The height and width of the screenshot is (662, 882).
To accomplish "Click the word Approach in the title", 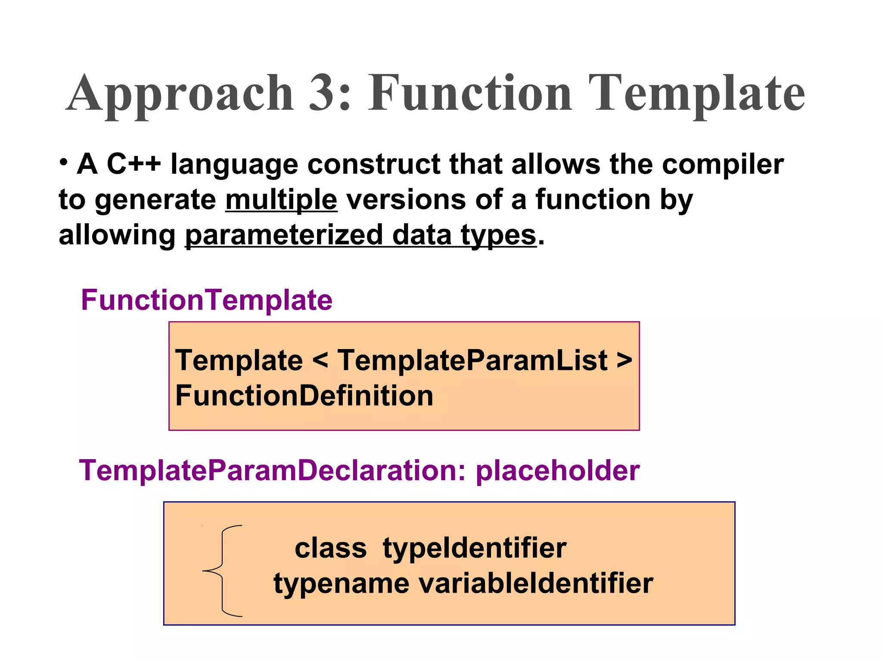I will point(180,94).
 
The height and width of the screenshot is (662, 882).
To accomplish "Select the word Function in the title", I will point(469,93).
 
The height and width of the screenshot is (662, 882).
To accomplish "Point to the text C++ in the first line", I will point(134,164).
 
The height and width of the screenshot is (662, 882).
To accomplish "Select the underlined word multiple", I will point(281,200).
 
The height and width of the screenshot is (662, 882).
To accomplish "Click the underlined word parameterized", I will point(284,236).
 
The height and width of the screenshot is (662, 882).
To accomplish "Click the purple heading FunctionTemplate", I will point(207,300).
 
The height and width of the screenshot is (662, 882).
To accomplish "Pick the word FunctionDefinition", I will point(304,396).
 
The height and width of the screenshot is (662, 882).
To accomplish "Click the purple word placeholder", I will point(557,471).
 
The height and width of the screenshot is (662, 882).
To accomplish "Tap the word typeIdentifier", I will point(474,548).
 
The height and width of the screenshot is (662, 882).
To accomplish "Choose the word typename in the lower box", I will point(341,584).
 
